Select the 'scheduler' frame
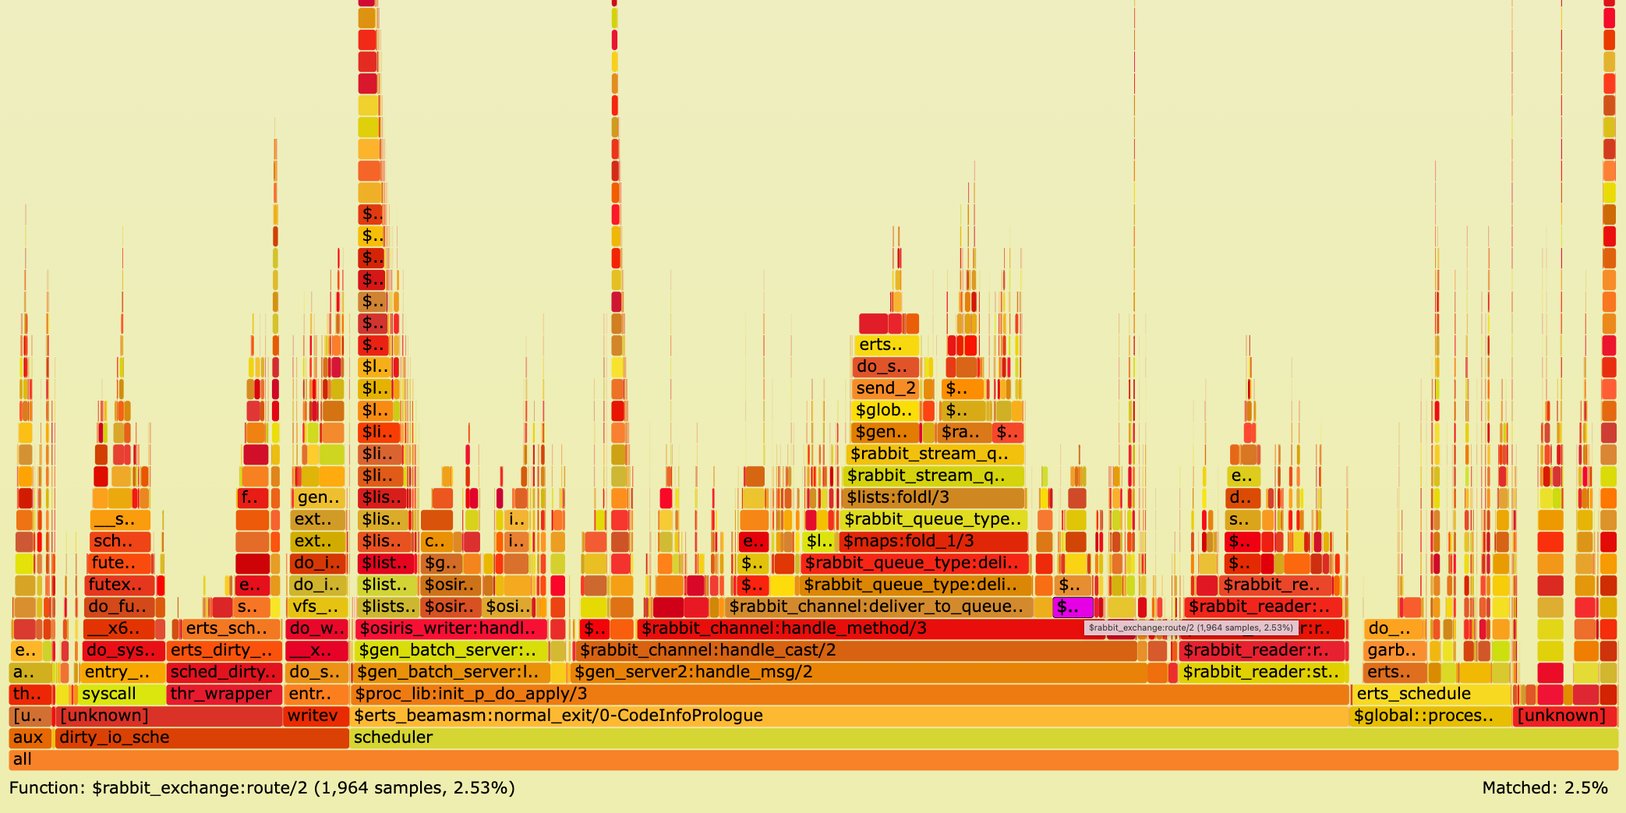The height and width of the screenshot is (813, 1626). [982, 738]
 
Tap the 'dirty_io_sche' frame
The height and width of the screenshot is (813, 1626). [201, 738]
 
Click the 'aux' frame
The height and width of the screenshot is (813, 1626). [30, 738]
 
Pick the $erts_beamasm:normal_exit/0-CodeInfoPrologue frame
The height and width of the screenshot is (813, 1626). [850, 716]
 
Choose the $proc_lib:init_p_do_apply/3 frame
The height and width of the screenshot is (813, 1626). [850, 695]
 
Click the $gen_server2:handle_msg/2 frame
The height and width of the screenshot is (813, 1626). [857, 673]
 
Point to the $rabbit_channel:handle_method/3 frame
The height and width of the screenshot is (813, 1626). [857, 629]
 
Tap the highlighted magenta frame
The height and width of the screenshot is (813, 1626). [1073, 607]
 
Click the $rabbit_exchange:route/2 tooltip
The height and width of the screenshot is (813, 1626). [1190, 627]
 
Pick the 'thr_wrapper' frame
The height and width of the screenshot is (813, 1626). [224, 695]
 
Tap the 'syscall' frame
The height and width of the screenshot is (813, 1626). [121, 695]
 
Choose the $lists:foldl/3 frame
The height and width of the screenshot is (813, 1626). [933, 498]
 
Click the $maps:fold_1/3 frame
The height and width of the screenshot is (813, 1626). [933, 542]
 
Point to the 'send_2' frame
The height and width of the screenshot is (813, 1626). [886, 389]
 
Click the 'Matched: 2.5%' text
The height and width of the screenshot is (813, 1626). [1544, 788]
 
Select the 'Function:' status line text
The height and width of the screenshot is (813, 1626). [262, 788]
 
